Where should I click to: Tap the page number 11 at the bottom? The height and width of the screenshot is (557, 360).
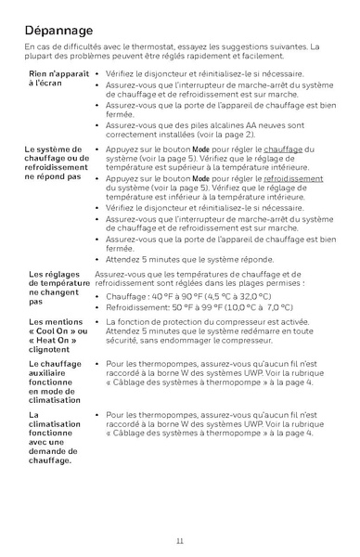point(179,540)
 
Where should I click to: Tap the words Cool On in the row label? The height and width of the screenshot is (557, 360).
point(56,331)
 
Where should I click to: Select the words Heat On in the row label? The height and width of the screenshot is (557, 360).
point(56,341)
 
